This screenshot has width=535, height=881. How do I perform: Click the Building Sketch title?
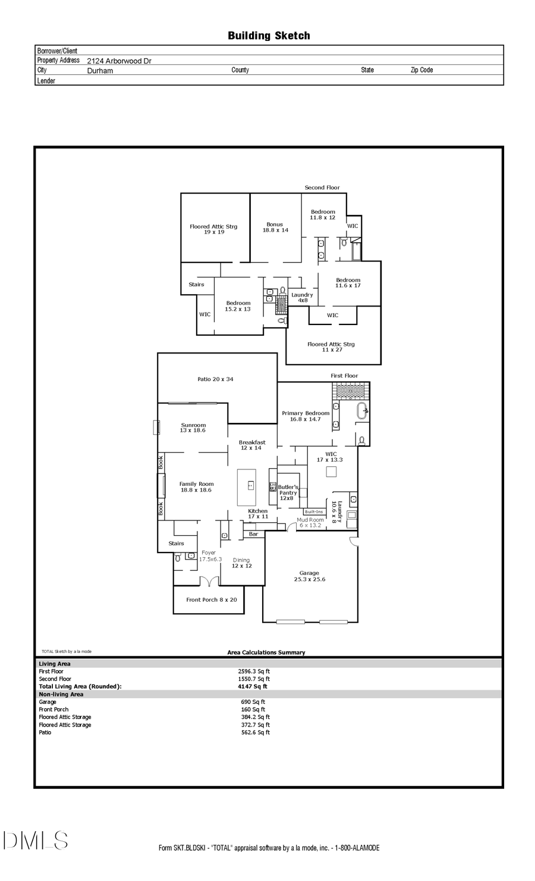coord(269,36)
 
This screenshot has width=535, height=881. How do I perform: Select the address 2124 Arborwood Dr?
coord(119,61)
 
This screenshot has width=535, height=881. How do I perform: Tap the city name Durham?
coord(100,70)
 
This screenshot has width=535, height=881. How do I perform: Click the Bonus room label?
coord(275,228)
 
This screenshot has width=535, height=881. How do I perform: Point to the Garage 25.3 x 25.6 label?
coord(309,576)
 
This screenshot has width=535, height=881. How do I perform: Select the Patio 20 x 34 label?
coord(216,379)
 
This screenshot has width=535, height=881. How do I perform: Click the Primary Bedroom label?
coord(306,416)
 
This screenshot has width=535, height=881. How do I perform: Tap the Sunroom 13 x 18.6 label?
coord(193,427)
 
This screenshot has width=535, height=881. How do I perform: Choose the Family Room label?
coord(196,487)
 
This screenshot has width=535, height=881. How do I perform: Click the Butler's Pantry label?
coord(288,492)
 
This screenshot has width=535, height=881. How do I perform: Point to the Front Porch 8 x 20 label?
coord(211,599)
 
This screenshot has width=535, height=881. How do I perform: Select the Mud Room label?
coord(310,522)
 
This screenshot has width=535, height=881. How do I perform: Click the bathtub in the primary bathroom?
coord(362,410)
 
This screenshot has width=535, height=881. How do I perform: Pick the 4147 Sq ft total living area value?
coord(253,686)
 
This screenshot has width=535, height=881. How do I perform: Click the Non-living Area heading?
coord(61,694)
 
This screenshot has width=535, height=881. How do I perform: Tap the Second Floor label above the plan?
coord(322,188)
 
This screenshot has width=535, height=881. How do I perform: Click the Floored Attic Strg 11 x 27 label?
coord(331,347)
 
